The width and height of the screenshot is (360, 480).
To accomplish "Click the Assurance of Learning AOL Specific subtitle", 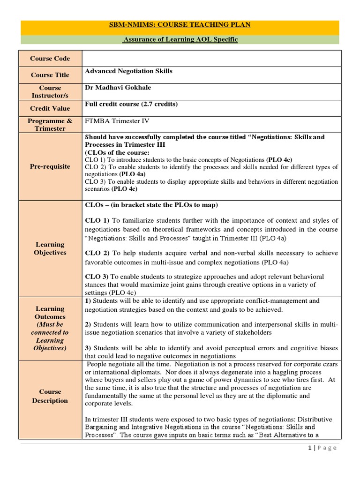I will [180, 40].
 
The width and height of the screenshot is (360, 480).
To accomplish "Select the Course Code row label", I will [50, 59].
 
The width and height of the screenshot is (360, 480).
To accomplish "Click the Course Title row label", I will [50, 75].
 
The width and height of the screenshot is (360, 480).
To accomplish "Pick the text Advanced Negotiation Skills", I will [128, 71].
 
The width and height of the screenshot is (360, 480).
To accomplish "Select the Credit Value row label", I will [50, 108].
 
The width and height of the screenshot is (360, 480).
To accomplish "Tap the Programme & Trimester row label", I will [50, 125].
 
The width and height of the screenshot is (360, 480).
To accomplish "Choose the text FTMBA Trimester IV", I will [117, 121].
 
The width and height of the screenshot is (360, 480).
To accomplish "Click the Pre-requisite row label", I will [50, 166].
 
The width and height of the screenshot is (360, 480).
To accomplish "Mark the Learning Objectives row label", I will [50, 248].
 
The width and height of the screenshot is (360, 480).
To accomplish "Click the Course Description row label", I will [50, 396].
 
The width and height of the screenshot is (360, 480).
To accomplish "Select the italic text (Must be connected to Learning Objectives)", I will [50, 337].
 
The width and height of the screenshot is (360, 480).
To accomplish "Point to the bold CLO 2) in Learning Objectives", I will [96, 253].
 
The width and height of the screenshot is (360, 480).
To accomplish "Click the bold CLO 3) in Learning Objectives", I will [96, 277].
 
